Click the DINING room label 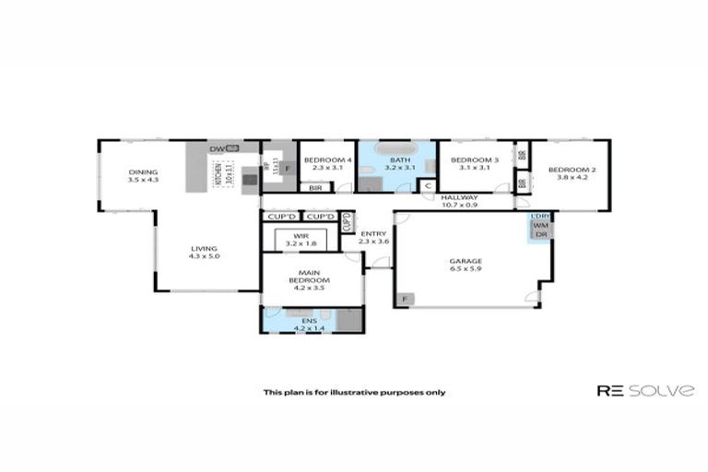click(143, 172)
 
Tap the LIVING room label click(204, 248)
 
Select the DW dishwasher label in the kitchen click(217, 148)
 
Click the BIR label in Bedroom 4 click(315, 187)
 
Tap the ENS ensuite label click(304, 320)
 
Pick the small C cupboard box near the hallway click(427, 185)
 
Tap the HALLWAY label click(458, 197)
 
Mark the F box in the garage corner click(406, 299)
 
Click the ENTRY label click(372, 233)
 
